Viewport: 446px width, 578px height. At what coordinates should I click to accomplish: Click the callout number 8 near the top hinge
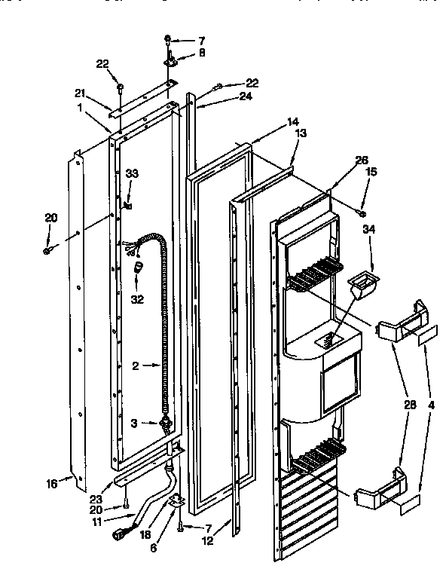pyautogui.click(x=180, y=53)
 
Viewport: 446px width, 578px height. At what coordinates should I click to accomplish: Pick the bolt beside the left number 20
pyautogui.click(x=49, y=248)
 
